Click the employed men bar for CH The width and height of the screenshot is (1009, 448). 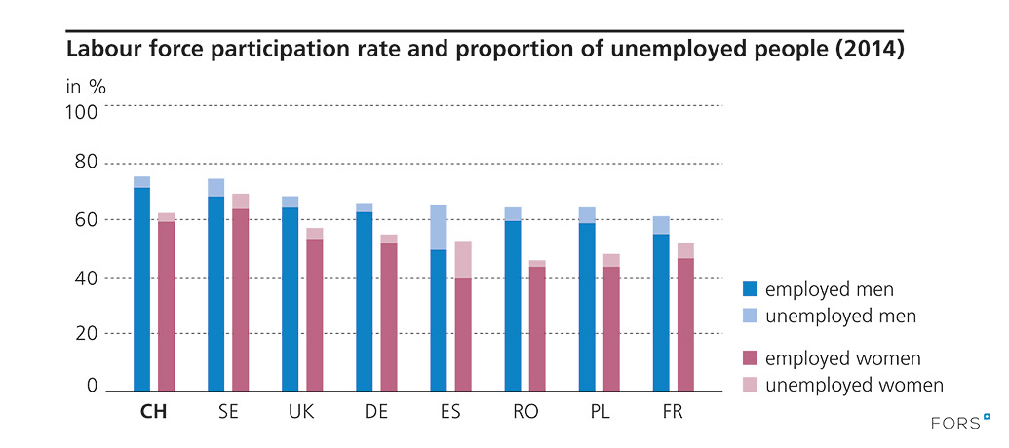click(x=142, y=288)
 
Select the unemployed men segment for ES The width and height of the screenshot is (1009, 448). click(x=439, y=228)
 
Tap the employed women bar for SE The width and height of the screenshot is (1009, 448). click(x=240, y=299)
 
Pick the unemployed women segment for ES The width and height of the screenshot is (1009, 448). click(x=463, y=259)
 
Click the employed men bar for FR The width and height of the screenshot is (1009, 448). click(x=661, y=312)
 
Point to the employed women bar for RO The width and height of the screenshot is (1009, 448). click(x=537, y=328)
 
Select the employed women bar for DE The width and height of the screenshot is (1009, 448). click(x=389, y=317)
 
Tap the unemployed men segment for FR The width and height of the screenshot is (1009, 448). click(x=661, y=225)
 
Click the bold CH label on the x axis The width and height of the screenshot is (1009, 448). click(x=154, y=412)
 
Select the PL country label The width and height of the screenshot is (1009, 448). click(x=598, y=412)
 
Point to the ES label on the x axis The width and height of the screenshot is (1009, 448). click(x=449, y=412)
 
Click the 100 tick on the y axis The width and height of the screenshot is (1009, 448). click(x=82, y=110)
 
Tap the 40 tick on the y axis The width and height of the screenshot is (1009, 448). click(x=87, y=278)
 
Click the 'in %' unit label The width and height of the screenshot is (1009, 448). click(x=86, y=86)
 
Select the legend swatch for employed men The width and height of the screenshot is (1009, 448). click(x=750, y=289)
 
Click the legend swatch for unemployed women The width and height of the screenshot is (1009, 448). click(x=750, y=385)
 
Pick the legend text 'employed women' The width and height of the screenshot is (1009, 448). click(x=843, y=359)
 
